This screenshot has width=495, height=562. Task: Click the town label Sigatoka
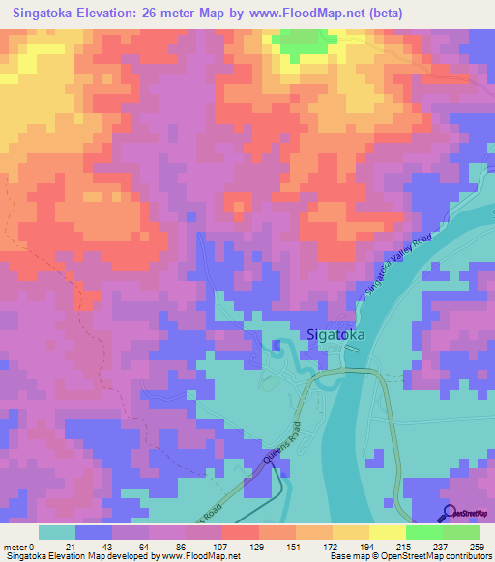click(341, 335)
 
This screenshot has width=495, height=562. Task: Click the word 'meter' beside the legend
click(16, 546)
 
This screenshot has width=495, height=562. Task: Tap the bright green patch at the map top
click(299, 41)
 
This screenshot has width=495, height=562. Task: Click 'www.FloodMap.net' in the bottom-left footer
click(204, 556)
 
